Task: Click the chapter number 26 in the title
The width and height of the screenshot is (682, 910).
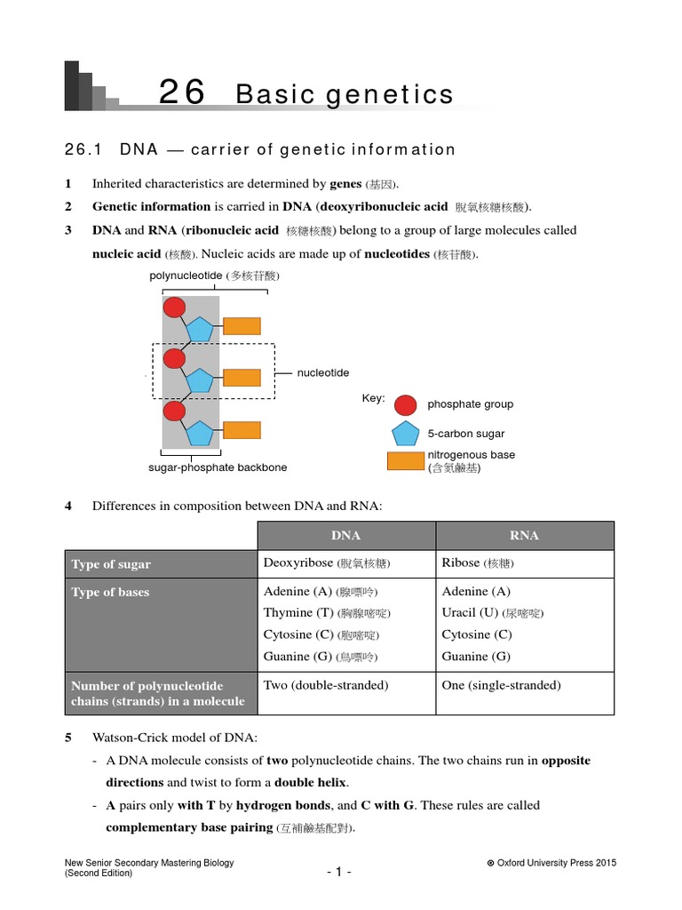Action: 182,92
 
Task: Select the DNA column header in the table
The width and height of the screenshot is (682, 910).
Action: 345,536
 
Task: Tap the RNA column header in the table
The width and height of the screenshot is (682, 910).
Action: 525,536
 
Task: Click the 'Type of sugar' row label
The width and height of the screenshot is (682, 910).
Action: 111,564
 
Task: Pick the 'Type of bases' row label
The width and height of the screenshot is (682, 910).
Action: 110,593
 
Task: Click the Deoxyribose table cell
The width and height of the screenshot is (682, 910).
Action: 327,563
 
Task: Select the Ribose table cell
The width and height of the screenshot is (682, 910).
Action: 477,563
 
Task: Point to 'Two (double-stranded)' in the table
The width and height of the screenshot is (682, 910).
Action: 326,685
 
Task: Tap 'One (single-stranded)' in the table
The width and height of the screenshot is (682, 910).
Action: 501,685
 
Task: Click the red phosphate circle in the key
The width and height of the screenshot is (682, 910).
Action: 405,405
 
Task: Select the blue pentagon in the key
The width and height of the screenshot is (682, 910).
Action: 405,435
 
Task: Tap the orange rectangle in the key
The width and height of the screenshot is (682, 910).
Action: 405,461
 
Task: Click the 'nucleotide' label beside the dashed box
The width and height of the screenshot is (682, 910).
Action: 323,373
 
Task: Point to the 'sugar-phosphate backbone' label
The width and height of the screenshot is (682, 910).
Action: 218,467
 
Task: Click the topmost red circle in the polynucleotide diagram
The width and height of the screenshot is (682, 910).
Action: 174,307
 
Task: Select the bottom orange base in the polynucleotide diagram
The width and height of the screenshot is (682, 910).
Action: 242,431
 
